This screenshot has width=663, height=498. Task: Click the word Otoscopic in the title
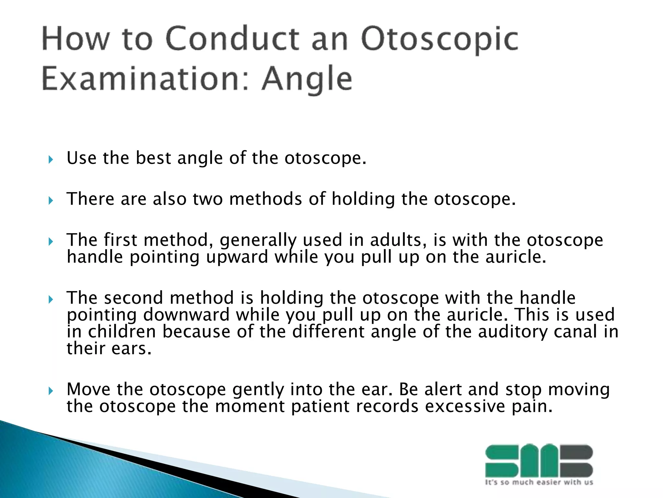tap(440, 41)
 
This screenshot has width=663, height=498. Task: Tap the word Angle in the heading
tap(307, 79)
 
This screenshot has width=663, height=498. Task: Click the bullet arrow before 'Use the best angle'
tap(50, 160)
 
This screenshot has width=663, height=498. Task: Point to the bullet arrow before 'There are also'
tap(50, 200)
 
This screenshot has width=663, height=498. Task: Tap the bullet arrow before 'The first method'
tap(50, 242)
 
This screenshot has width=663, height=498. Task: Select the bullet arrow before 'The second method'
tap(50, 299)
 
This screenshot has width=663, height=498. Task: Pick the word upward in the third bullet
tap(237, 257)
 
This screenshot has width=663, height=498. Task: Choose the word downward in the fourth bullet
tap(186, 315)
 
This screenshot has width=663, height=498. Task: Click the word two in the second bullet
tap(208, 199)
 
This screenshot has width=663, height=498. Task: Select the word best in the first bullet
tap(153, 158)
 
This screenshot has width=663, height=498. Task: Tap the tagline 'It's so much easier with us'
tap(539, 482)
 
